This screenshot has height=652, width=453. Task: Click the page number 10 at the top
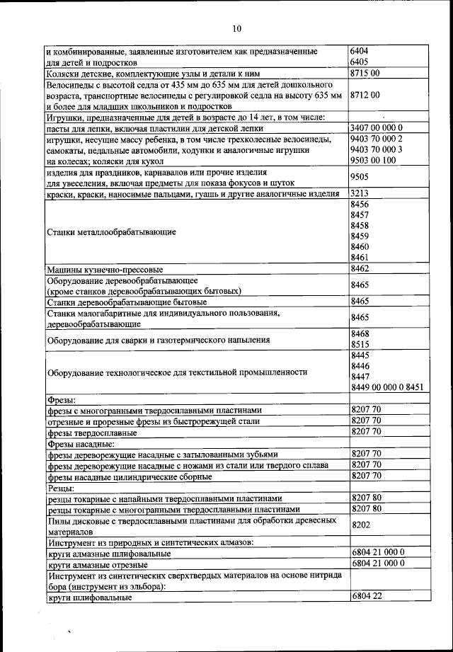click(236, 28)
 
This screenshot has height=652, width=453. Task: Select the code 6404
click(360, 51)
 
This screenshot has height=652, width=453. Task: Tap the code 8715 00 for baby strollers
click(365, 72)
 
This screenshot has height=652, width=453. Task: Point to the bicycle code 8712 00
click(365, 94)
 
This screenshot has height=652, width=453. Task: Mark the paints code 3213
click(360, 193)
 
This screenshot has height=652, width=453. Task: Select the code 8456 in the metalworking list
click(360, 204)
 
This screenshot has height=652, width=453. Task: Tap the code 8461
click(360, 257)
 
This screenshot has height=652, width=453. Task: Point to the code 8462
click(360, 269)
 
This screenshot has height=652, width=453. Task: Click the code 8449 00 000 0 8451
click(386, 387)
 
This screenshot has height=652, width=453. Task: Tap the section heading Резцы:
click(62, 488)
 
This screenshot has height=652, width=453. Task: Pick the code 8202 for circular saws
click(360, 526)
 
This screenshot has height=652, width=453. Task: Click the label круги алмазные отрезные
click(97, 565)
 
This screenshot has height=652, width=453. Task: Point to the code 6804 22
click(366, 597)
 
